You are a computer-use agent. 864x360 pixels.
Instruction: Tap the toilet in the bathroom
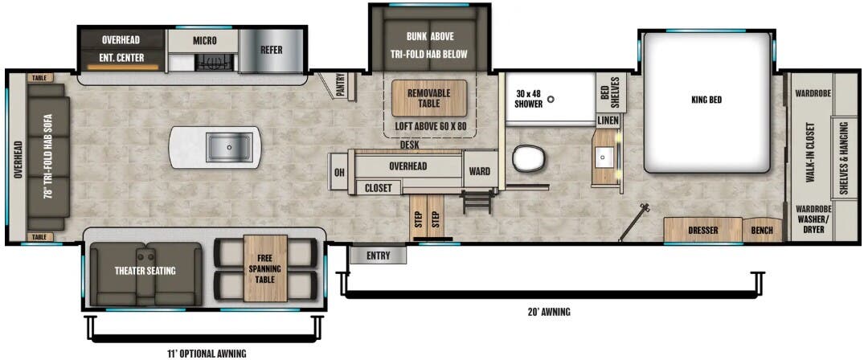point(528,158)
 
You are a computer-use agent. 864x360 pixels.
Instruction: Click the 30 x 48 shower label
point(530,97)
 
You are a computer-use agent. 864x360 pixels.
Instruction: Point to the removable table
point(428,98)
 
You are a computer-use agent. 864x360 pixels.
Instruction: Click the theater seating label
point(145,271)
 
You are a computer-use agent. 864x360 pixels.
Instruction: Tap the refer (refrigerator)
point(271,50)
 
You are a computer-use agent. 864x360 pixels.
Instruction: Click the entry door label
point(378,256)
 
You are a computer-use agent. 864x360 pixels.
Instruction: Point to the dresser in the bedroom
point(702,231)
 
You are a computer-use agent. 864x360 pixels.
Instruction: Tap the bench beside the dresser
point(763,231)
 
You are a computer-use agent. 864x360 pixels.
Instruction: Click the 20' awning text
point(550,312)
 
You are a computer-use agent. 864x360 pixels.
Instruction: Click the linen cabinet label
point(608,121)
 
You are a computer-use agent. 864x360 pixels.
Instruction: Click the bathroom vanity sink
point(606,154)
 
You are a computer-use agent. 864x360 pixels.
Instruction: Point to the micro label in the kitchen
point(204,40)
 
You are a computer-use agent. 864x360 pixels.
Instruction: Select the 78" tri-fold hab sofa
point(48,157)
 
